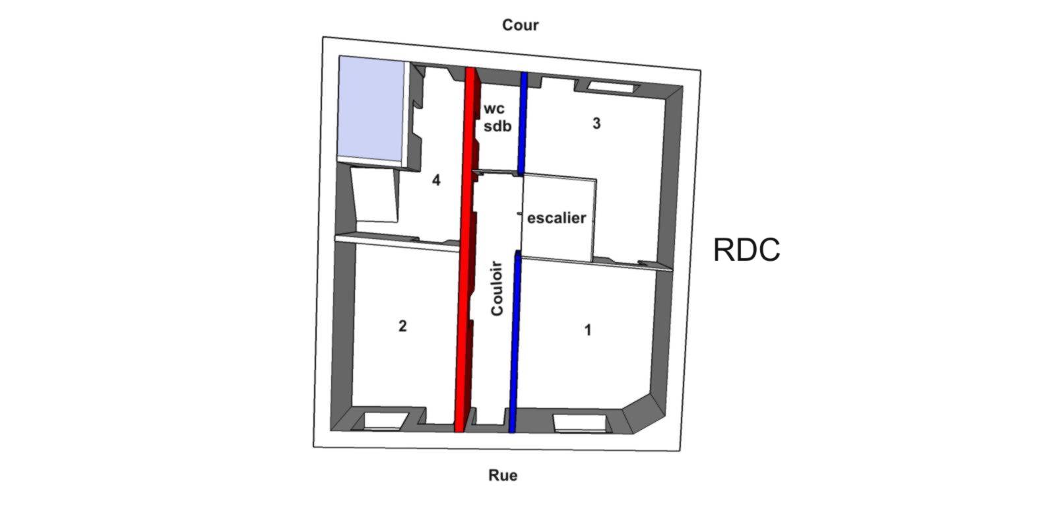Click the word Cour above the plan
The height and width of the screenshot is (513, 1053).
coord(520,25)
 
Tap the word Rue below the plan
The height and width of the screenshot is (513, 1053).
coord(503,475)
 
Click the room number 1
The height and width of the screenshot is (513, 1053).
coord(589,329)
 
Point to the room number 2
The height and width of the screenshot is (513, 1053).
coord(402,325)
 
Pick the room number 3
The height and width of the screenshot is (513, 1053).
coord(596,123)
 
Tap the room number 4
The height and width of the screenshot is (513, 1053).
coord(436,180)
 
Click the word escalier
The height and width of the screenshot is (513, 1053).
coord(556,218)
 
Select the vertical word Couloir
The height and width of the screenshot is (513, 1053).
coord(498,289)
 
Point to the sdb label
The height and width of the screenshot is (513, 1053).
coord(497,127)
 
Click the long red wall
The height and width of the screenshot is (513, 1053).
coord(466,251)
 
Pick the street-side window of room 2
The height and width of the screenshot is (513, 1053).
coord(384,421)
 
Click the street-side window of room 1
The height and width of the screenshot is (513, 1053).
coord(578,423)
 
